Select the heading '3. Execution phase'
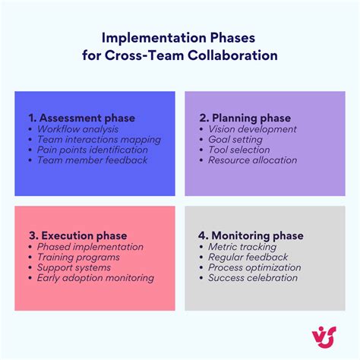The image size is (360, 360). pyautogui.click(x=77, y=235)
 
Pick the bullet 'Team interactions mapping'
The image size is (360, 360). pyautogui.click(x=99, y=140)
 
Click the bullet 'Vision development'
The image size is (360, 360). pyautogui.click(x=253, y=129)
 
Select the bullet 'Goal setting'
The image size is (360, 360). pyautogui.click(x=235, y=140)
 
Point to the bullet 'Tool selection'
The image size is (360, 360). pyautogui.click(x=239, y=150)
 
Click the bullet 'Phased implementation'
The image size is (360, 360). pyautogui.click(x=90, y=247)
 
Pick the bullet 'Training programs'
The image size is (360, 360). pyautogui.click(x=78, y=257)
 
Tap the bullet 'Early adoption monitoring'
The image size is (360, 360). pyautogui.click(x=95, y=278)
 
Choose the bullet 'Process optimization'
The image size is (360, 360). pyautogui.click(x=254, y=267)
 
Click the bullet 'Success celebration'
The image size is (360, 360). pyautogui.click(x=253, y=278)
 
